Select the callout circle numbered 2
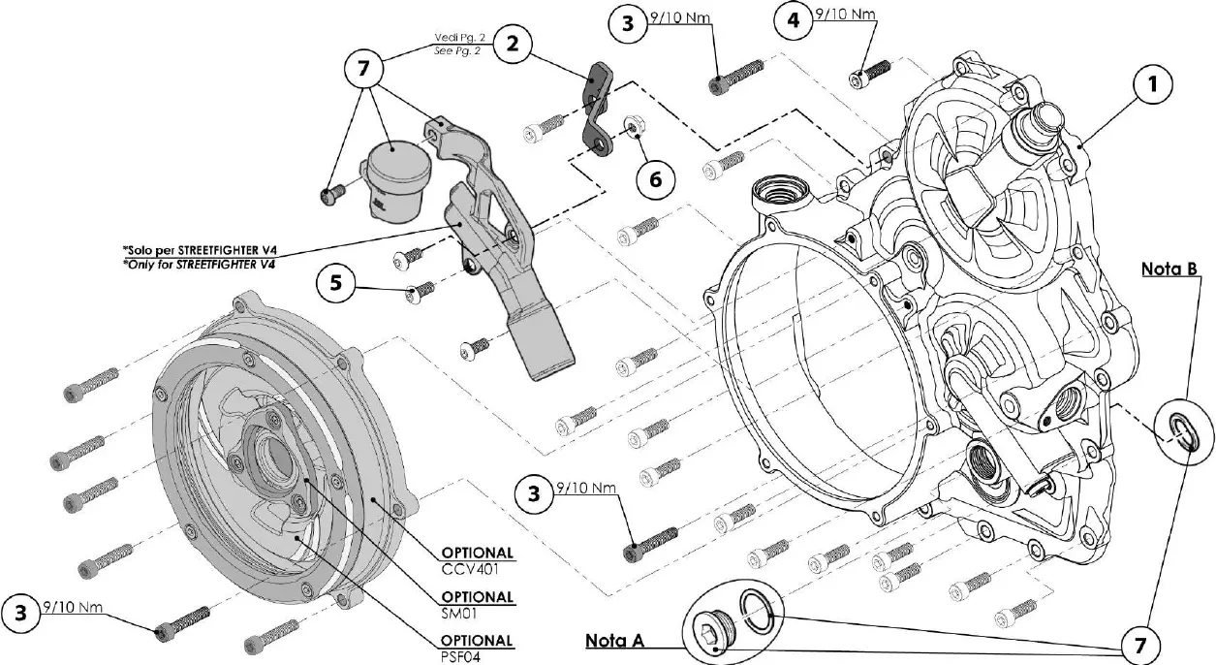coord(512,43)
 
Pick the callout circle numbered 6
coord(656,179)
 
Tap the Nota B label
coord(1169,268)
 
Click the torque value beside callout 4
coord(844,15)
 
